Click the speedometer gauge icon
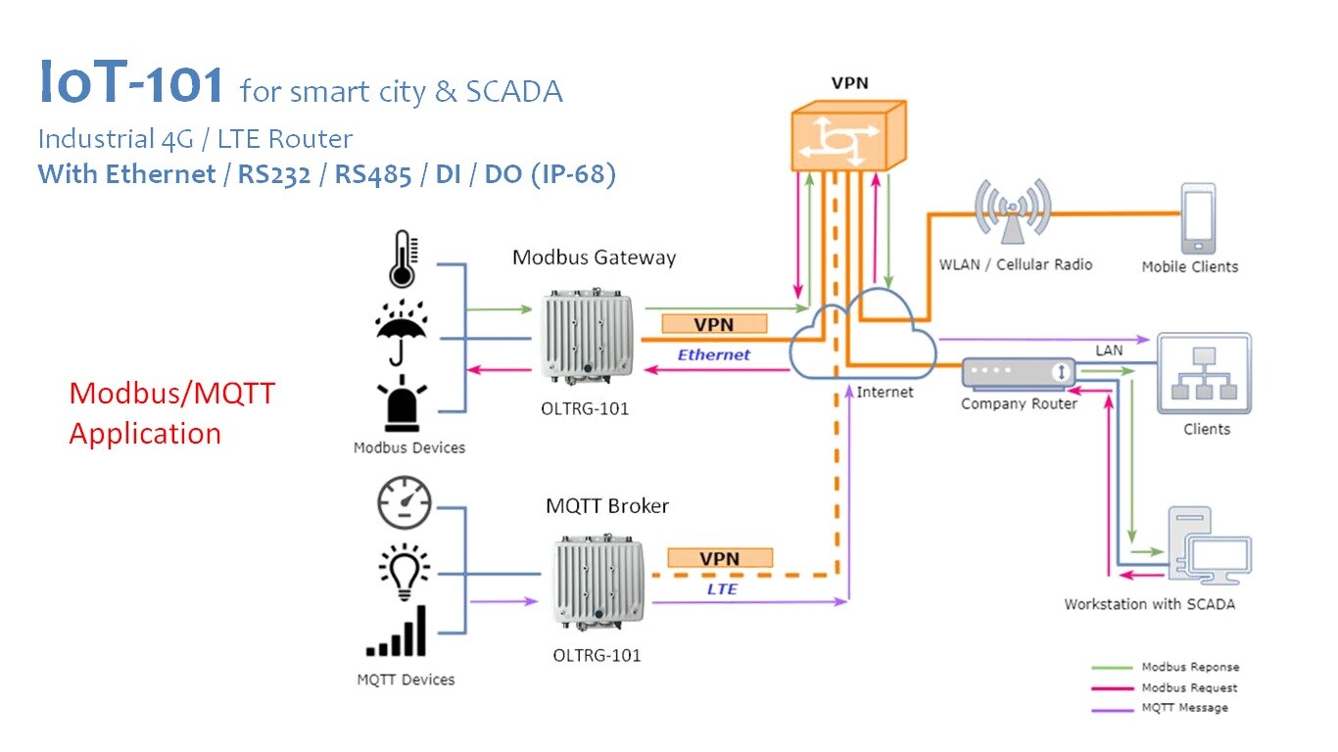pyautogui.click(x=404, y=503)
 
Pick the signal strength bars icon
pyautogui.click(x=399, y=632)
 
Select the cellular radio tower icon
pyautogui.click(x=1012, y=212)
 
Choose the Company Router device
pyautogui.click(x=1019, y=373)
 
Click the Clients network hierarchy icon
pyautogui.click(x=1204, y=373)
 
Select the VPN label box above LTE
pyautogui.click(x=719, y=558)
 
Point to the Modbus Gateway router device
pyautogui.click(x=585, y=334)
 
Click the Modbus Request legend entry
pyautogui.click(x=1188, y=687)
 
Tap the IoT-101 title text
pyautogui.click(x=132, y=84)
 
